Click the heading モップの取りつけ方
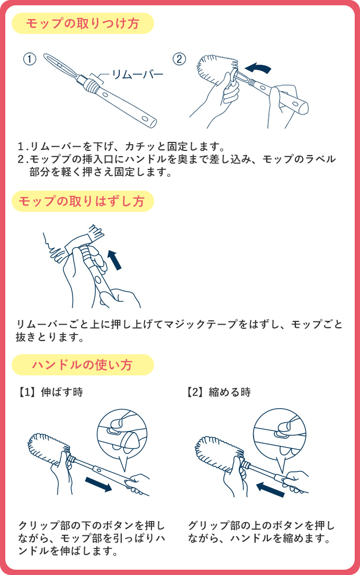(x=83, y=23)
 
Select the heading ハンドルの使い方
(x=82, y=365)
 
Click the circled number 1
(x=30, y=59)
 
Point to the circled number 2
(x=179, y=59)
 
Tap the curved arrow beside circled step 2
(x=258, y=68)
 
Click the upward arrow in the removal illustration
(x=115, y=260)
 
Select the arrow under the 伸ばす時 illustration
(x=98, y=484)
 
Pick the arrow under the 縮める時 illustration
(x=271, y=489)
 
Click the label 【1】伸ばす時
(x=51, y=392)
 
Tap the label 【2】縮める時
(x=219, y=392)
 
